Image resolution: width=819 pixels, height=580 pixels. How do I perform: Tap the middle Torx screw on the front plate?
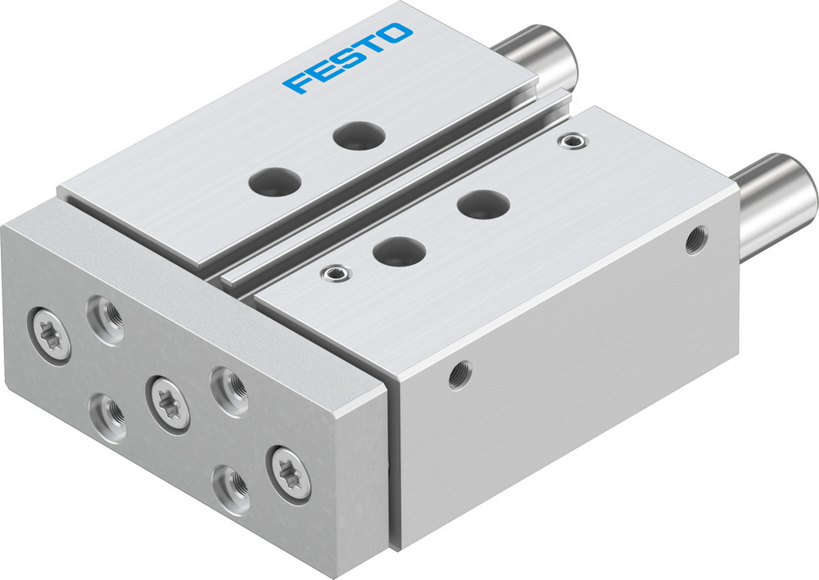(x=168, y=402)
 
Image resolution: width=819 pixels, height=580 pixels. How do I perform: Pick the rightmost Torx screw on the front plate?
(x=288, y=473)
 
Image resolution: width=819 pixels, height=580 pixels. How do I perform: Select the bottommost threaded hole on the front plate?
(x=230, y=489)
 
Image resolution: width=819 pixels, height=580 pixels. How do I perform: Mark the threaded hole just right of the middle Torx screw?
(x=228, y=387)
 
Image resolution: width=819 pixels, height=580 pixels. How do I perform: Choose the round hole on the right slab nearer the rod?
(x=482, y=202)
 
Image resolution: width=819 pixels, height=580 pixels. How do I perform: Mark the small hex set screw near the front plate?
(x=332, y=273)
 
